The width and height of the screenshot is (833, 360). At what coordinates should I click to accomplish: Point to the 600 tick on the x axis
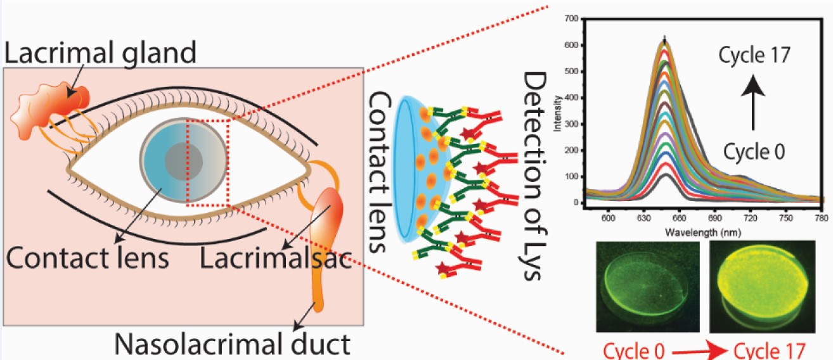coord(609,217)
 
